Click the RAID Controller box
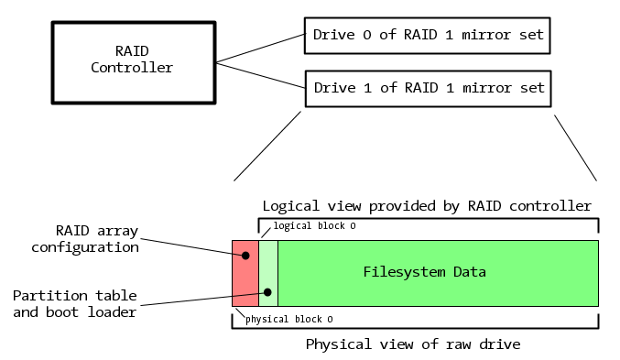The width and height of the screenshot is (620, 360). point(132,60)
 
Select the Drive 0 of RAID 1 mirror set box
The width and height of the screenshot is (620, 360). point(429,36)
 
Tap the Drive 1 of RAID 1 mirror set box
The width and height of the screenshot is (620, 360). point(429,89)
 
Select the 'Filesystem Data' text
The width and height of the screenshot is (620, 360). point(424,272)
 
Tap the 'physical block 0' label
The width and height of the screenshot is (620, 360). point(289,319)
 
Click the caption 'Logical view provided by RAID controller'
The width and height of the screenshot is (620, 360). point(427,205)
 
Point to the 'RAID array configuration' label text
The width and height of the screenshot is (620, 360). point(86,238)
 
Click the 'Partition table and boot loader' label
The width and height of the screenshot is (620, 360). point(75,303)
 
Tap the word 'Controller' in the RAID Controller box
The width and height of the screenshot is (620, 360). point(132,67)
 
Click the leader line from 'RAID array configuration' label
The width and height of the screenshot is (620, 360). point(192,245)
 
